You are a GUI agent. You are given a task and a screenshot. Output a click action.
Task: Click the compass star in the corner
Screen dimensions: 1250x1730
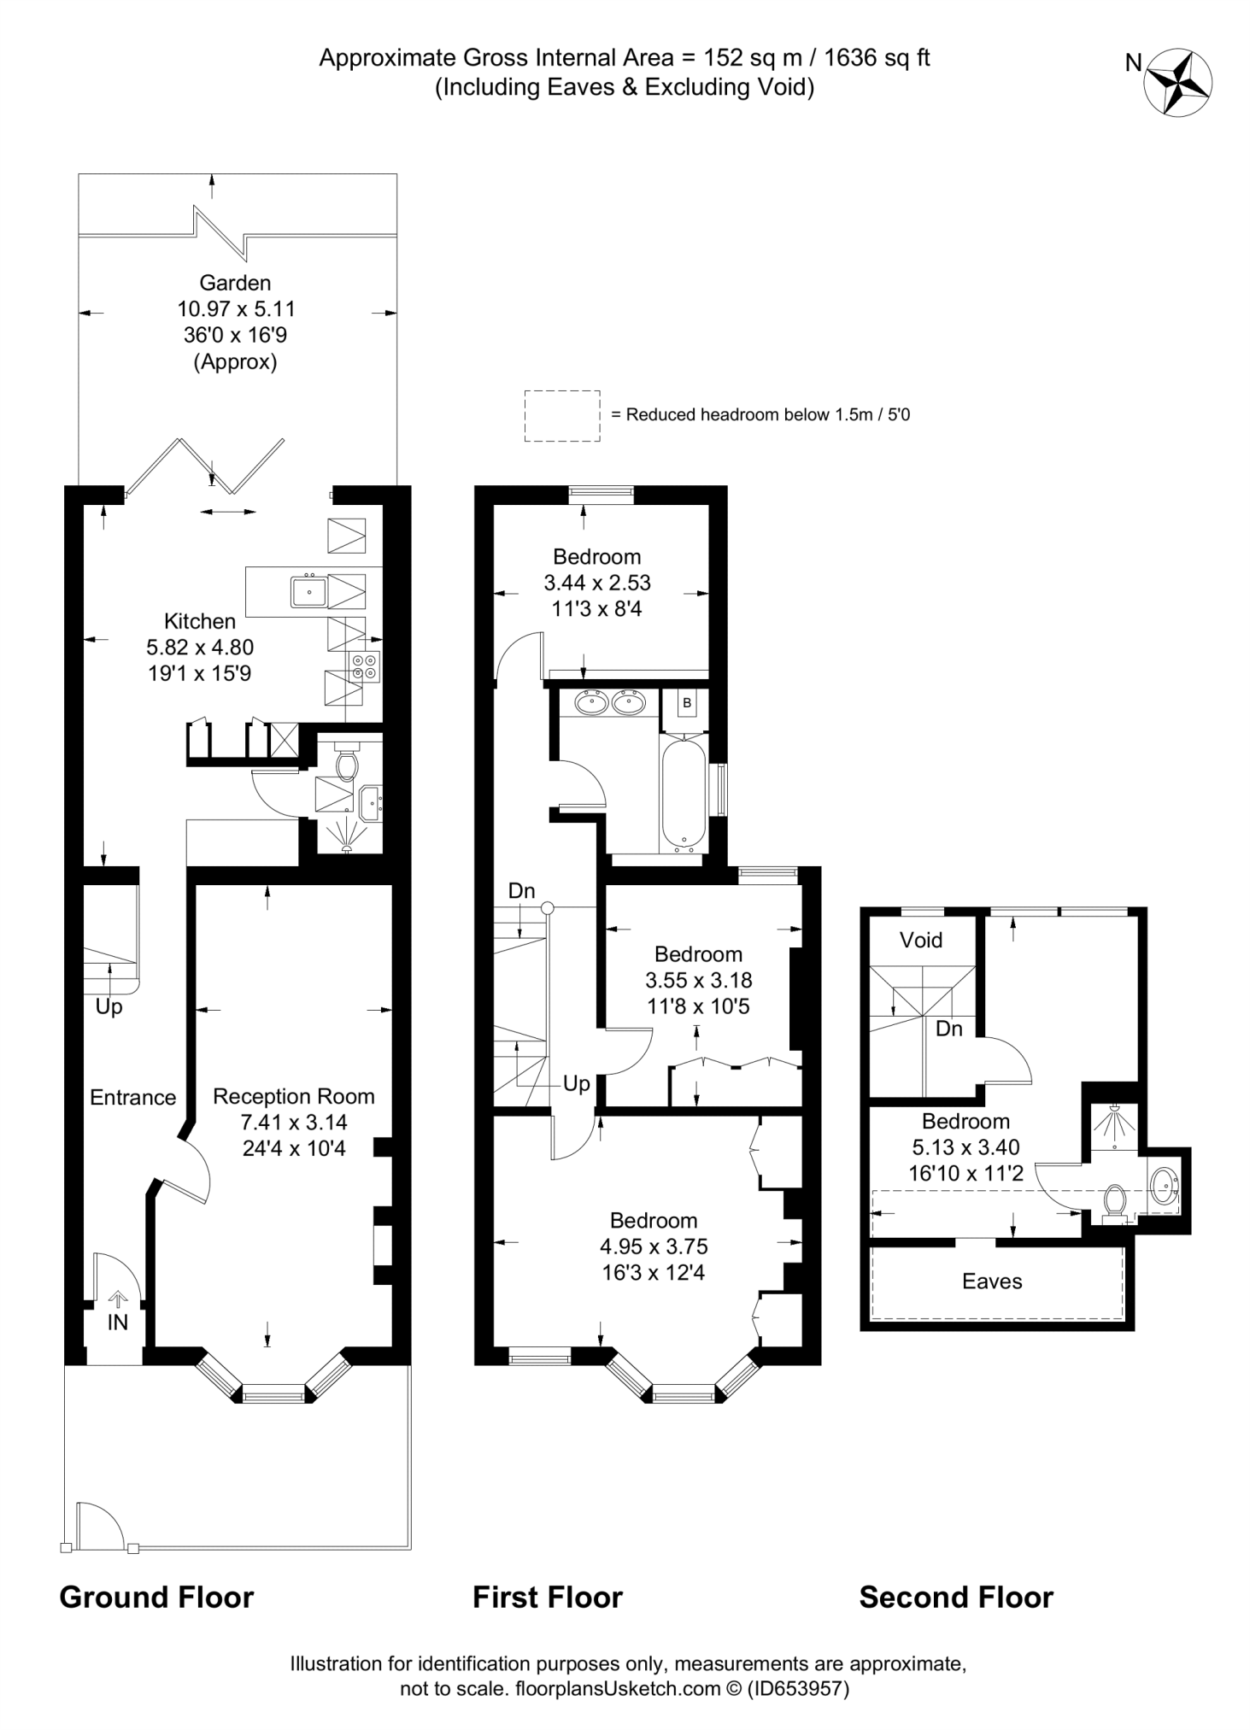pos(1180,82)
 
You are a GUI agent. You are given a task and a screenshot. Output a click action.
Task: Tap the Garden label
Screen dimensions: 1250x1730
pos(235,283)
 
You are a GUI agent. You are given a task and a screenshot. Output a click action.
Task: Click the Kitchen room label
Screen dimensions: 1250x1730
pos(200,621)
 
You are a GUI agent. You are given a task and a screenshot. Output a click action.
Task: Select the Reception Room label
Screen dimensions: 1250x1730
pos(294,1096)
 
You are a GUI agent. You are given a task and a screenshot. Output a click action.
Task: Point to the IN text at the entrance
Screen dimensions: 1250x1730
pos(117,1322)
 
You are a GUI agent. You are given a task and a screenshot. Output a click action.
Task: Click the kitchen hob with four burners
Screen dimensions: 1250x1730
pos(364,666)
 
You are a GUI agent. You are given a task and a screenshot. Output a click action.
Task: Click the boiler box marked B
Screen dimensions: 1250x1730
pos(687,704)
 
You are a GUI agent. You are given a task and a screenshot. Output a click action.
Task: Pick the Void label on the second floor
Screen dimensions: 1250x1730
pos(921,941)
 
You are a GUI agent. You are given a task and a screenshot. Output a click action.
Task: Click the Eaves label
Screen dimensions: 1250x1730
pos(992,1281)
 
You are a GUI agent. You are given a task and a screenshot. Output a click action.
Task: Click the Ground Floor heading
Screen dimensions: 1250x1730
pos(156,1598)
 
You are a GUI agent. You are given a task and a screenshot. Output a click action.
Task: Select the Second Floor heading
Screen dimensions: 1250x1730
pos(956,1598)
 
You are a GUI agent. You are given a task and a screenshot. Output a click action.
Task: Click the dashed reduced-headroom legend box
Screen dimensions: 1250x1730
pos(562,416)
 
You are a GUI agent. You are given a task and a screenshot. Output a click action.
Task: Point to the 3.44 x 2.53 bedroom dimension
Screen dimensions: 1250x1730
pos(597,583)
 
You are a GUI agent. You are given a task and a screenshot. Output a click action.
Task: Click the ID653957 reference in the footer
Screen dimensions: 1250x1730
pos(798,1689)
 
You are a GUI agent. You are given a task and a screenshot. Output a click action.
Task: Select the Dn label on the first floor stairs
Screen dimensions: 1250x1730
pos(521,891)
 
